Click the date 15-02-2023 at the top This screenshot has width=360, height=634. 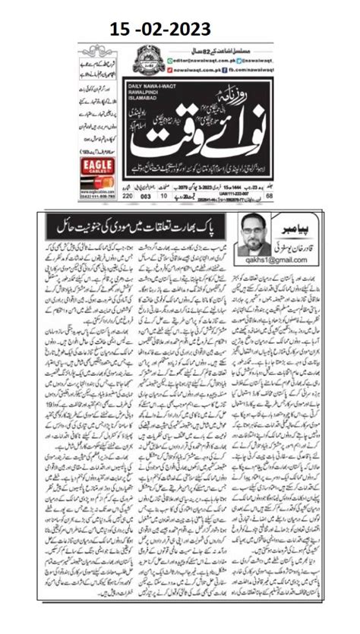coord(179,30)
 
